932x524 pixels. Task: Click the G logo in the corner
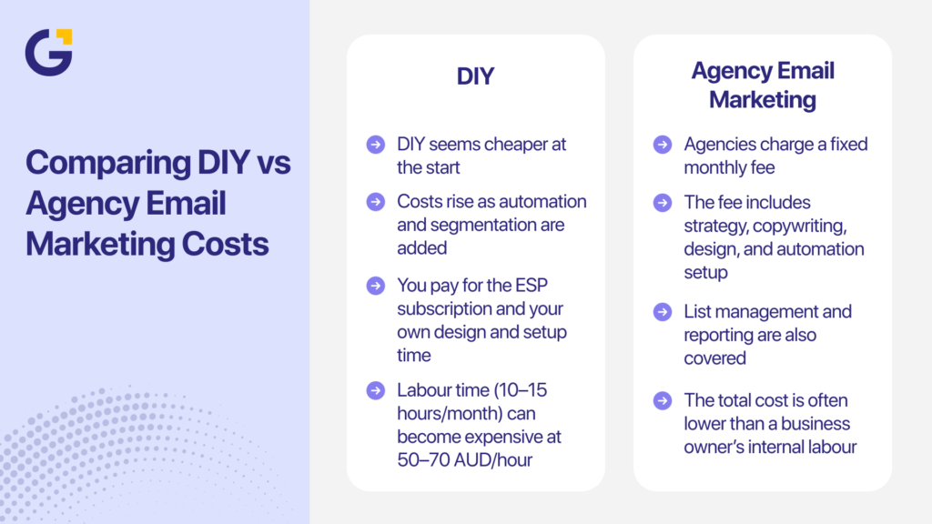[48, 52]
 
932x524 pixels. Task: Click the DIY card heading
[475, 76]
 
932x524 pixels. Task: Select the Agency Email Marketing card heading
[763, 85]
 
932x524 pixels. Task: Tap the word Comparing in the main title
[105, 163]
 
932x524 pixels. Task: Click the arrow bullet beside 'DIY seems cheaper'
[375, 145]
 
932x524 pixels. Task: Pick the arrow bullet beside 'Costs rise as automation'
[375, 202]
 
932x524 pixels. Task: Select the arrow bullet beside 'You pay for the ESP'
[375, 286]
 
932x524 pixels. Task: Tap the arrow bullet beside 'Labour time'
[375, 390]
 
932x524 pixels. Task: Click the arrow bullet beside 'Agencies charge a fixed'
[663, 145]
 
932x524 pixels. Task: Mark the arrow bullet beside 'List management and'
[663, 312]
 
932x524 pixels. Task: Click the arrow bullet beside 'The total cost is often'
[663, 400]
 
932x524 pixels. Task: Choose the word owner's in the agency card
[724, 447]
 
